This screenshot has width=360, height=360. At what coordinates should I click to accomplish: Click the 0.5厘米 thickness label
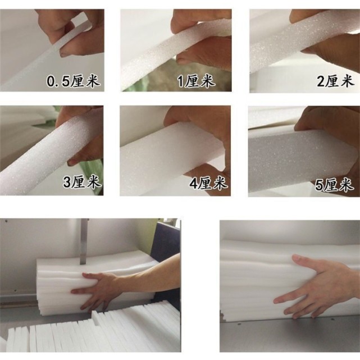tap(73, 81)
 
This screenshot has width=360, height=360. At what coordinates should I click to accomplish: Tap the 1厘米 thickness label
tap(197, 81)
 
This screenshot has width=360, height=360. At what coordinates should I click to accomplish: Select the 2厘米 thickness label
tap(335, 81)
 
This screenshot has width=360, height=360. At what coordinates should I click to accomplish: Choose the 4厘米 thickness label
tap(208, 183)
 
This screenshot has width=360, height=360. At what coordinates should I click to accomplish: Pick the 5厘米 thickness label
tap(334, 184)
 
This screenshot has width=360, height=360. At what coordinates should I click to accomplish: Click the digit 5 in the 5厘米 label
tap(320, 185)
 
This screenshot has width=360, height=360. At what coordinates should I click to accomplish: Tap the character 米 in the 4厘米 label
tap(220, 183)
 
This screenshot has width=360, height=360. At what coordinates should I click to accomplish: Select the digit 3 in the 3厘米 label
tap(67, 182)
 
